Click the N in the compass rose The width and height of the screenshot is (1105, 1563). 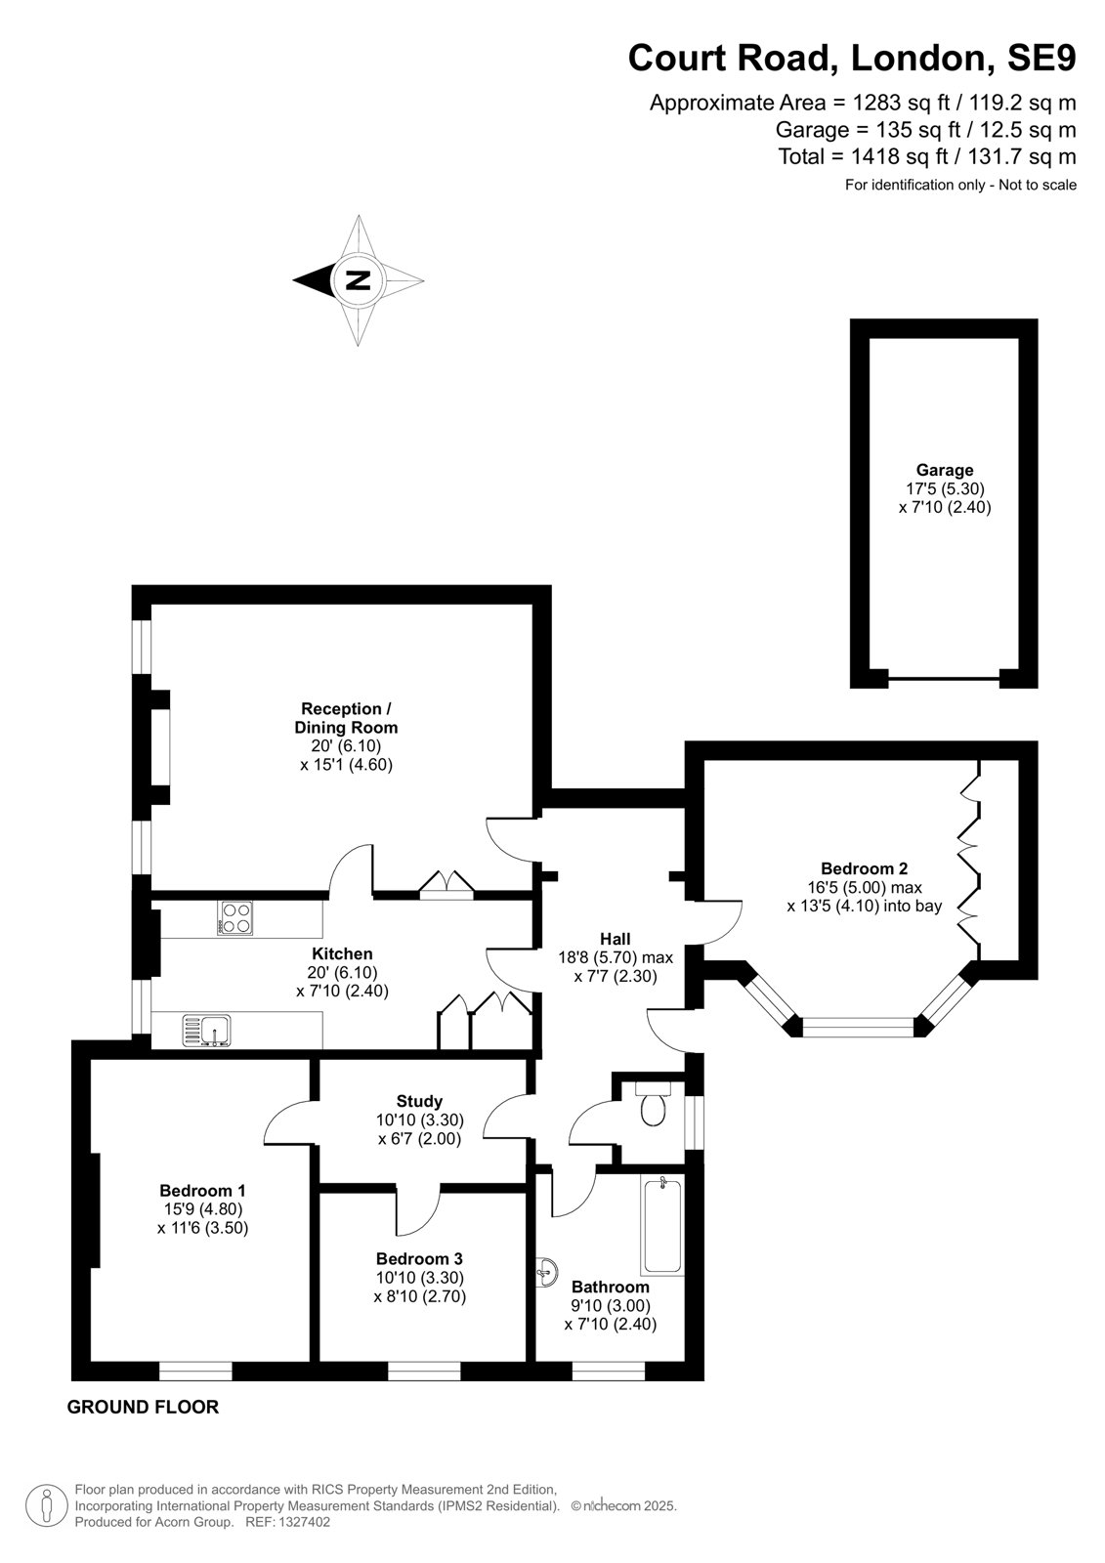[358, 280]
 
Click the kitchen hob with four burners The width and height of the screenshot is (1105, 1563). [234, 917]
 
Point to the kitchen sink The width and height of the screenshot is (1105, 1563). [206, 1031]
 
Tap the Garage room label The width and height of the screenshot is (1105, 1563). [945, 470]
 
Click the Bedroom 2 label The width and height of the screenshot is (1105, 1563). [865, 868]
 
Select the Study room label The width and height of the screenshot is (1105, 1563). [419, 1101]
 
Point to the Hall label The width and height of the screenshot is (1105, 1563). [615, 939]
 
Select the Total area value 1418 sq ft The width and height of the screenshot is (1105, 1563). [900, 156]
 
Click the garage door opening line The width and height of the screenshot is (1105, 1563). [944, 678]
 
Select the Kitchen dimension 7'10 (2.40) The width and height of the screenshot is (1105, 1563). [342, 991]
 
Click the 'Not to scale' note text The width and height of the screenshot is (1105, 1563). [1038, 185]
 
